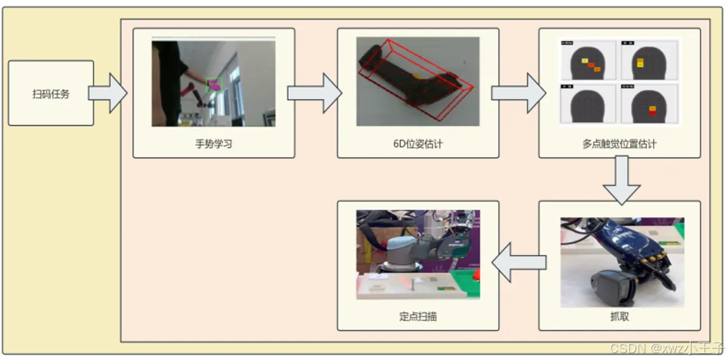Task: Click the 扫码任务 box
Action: pos(51,93)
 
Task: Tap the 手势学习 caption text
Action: pos(213,143)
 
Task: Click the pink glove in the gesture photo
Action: pos(215,84)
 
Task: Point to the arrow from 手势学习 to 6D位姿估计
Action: pos(314,93)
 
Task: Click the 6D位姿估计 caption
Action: pos(418,143)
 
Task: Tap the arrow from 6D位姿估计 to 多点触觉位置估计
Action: pos(518,93)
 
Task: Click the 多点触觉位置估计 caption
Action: pos(619,143)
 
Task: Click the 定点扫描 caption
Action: pos(418,316)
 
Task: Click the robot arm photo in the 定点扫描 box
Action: pos(418,255)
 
